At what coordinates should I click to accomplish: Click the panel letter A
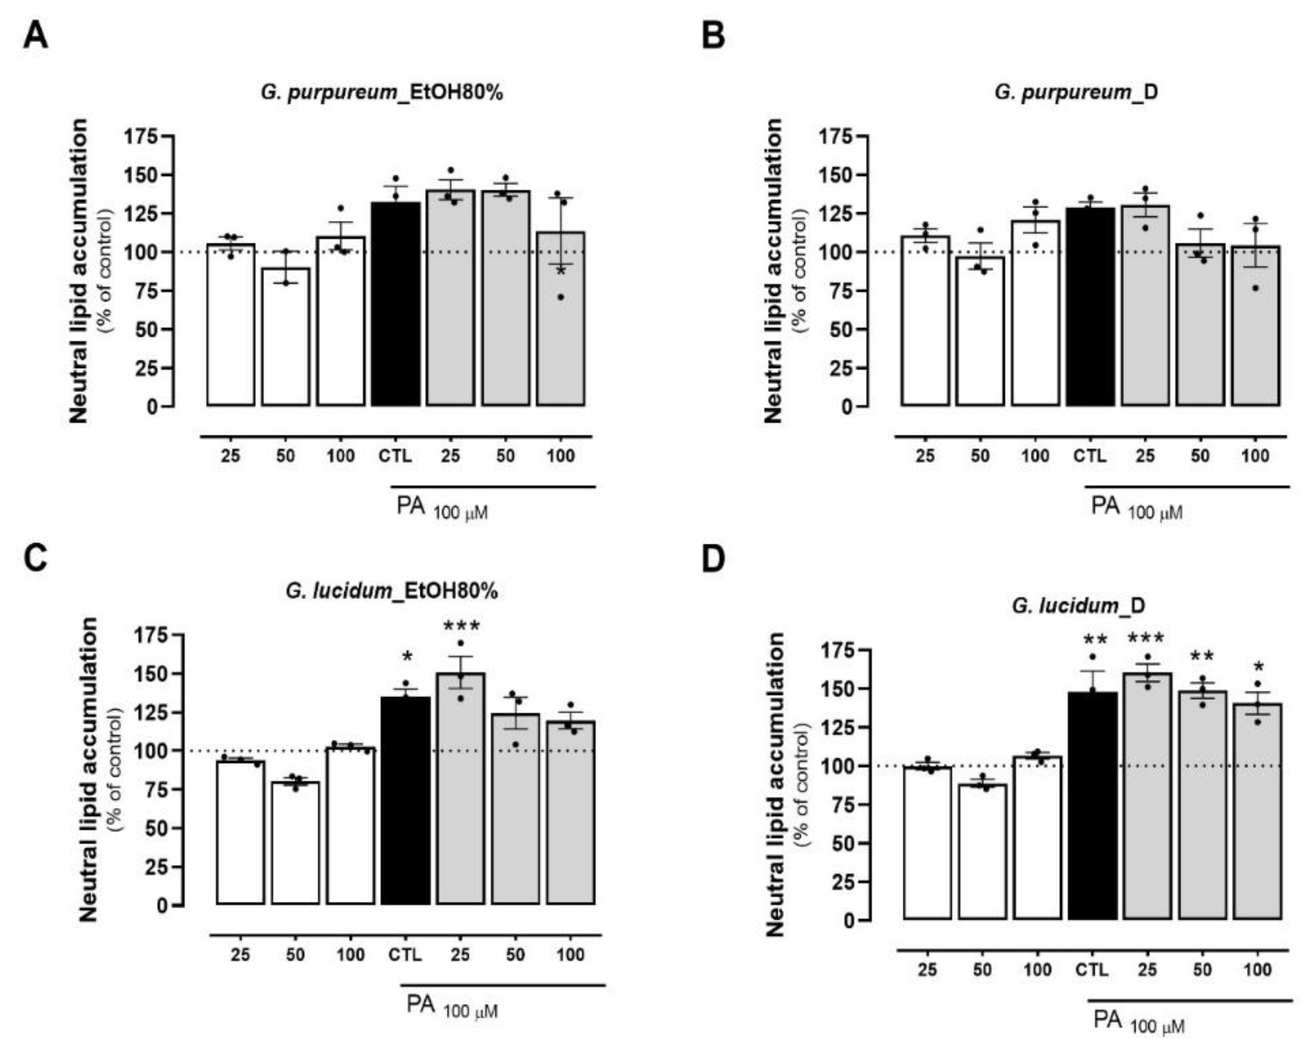coord(36,37)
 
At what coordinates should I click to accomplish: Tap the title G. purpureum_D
coord(1076,92)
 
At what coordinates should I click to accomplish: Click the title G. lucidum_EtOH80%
coord(391,591)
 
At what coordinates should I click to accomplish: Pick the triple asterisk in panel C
coord(461,626)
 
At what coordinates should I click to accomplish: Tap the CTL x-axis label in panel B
coord(1089,456)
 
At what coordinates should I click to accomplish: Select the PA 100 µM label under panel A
coord(441,508)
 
